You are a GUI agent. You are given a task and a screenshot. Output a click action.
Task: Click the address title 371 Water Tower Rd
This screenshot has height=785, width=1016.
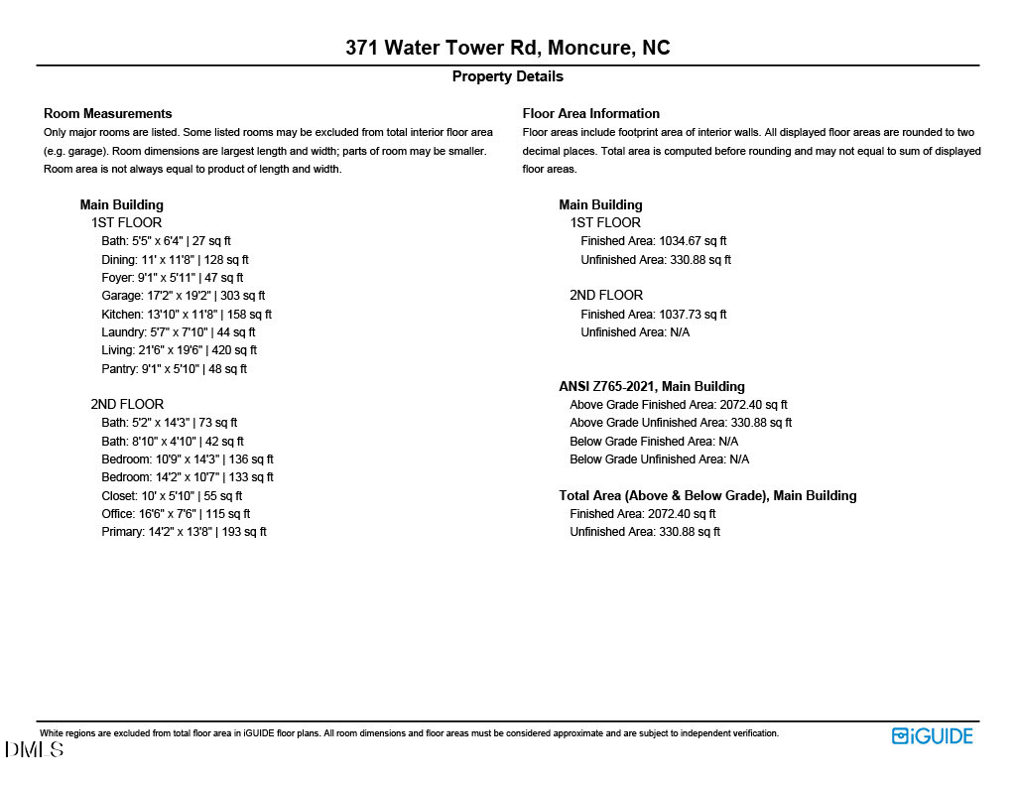[x=507, y=48]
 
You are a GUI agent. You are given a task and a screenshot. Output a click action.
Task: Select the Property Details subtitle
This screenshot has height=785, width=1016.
[x=507, y=76]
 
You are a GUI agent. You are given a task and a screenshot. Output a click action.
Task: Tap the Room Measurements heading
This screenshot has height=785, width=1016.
[x=108, y=113]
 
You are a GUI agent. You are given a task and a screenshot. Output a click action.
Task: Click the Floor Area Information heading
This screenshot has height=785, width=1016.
[x=591, y=113]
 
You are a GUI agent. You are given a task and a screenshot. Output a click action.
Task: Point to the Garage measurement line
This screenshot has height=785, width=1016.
[x=183, y=296]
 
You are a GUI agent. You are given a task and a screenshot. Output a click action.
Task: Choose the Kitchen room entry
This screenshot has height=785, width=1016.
[x=187, y=315]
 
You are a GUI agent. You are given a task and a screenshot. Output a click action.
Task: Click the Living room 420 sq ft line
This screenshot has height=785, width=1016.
[x=179, y=350]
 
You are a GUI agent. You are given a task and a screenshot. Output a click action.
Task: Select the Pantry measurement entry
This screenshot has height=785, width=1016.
[x=174, y=369]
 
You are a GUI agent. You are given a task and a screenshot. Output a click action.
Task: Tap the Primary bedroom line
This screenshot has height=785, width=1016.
[x=184, y=532]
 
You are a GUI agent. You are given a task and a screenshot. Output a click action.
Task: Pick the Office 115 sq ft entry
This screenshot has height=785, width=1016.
[x=176, y=514]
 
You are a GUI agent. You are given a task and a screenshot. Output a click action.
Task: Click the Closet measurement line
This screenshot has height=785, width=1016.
[x=172, y=496]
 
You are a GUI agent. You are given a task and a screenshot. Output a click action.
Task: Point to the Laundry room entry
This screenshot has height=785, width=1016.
[x=179, y=332]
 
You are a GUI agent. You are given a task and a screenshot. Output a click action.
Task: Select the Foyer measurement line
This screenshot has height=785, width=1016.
[x=172, y=278]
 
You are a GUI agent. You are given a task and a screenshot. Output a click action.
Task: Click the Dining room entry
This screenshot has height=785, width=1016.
[x=175, y=260]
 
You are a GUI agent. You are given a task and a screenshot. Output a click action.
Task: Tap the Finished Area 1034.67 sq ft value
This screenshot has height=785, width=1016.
[x=654, y=241]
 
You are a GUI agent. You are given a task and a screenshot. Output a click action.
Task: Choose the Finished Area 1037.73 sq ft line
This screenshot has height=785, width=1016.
[x=654, y=315]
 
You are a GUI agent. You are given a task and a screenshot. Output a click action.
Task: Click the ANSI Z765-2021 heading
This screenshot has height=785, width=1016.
[x=652, y=387]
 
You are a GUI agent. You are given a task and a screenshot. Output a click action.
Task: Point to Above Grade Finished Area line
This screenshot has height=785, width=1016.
[x=679, y=405]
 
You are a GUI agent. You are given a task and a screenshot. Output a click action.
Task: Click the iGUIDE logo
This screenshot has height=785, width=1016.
[x=932, y=736]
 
